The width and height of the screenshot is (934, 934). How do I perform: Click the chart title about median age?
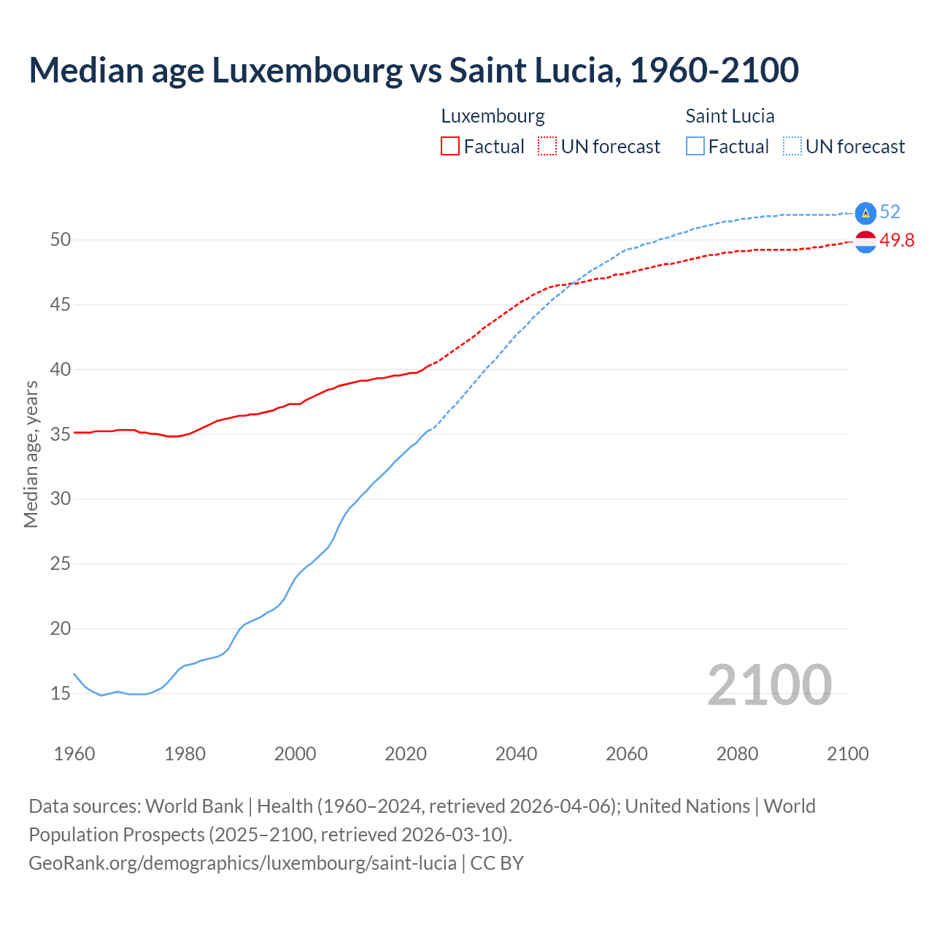tap(414, 70)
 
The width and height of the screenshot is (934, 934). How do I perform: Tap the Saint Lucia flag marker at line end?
tap(865, 212)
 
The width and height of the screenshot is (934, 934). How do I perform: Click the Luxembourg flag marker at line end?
tap(865, 242)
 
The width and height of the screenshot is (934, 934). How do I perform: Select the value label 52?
tap(890, 212)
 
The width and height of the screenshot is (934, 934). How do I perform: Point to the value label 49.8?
tap(897, 241)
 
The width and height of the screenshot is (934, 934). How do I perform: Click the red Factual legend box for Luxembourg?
tap(450, 147)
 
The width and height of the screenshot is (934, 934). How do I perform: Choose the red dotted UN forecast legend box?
tap(547, 147)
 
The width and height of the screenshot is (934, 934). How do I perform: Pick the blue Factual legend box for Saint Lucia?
tap(695, 147)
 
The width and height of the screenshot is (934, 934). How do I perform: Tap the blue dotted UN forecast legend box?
tap(792, 147)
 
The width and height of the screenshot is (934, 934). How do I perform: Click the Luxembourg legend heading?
tap(493, 116)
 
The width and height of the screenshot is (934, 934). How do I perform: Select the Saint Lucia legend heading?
tap(730, 116)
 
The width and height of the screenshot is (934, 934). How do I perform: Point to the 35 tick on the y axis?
tap(61, 434)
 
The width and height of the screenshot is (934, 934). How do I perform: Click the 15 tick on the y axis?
tap(61, 693)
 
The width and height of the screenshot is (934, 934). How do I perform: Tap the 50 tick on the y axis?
tap(61, 240)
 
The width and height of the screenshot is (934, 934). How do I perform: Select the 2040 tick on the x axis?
tap(516, 754)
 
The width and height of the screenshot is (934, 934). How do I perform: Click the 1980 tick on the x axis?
tap(185, 754)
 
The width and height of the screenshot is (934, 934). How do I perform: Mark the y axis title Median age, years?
tap(31, 454)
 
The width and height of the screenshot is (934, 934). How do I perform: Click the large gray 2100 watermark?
tap(769, 684)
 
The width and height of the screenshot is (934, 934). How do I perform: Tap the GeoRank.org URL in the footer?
tap(242, 863)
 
